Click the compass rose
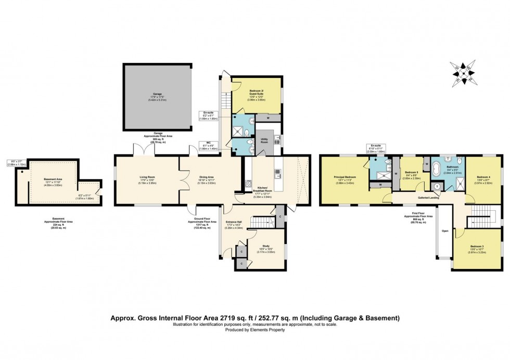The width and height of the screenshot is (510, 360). point(463,73)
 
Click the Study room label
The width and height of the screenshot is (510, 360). point(265,247)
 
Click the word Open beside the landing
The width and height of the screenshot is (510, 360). point(444,230)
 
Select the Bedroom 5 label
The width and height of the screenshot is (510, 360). point(412,172)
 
